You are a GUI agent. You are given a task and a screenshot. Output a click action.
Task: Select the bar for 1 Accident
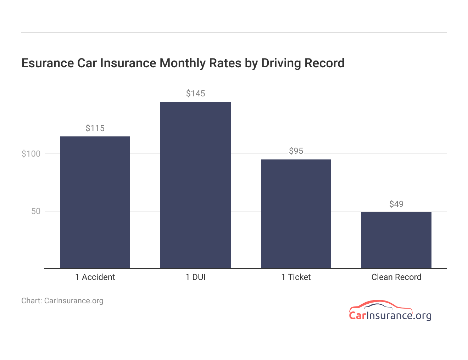tap(95, 202)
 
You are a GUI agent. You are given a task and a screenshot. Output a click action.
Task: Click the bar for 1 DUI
tap(195, 185)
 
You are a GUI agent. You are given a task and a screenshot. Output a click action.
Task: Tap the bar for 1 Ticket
tap(296, 214)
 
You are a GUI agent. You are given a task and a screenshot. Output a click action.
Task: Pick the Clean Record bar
tap(396, 240)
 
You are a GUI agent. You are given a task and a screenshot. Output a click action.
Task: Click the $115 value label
tap(95, 128)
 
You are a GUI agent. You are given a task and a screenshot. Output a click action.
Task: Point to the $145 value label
tap(195, 94)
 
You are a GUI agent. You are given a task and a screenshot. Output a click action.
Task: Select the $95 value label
tap(296, 151)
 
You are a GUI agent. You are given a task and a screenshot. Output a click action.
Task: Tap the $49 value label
tap(396, 204)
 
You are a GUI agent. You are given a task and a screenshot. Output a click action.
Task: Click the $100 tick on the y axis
tap(31, 154)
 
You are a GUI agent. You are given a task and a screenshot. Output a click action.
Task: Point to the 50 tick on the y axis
tap(36, 211)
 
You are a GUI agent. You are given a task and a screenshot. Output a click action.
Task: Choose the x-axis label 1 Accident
tap(95, 277)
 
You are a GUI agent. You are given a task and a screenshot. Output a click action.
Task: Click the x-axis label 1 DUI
tap(195, 277)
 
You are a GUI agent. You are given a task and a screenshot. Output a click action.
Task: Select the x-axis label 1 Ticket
tap(296, 277)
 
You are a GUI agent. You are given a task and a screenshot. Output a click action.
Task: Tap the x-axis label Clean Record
tap(396, 277)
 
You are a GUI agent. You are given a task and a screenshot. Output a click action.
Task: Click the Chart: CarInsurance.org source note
tap(62, 301)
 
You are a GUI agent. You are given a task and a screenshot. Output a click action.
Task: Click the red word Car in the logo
tap(357, 315)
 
